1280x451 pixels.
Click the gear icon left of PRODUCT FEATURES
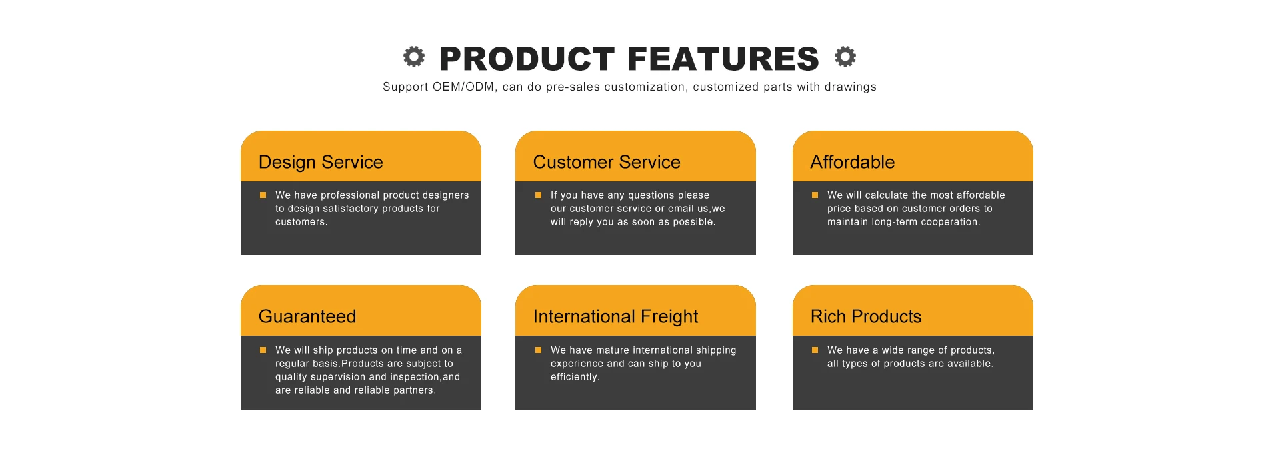coord(414,57)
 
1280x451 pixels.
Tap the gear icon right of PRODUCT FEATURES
coord(845,57)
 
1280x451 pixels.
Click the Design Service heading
coord(321,162)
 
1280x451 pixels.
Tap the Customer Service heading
coord(607,162)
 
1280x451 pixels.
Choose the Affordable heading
coord(853,162)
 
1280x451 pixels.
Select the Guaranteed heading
coord(307,316)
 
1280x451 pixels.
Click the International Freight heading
coord(615,316)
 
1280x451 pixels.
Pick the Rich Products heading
coord(866,316)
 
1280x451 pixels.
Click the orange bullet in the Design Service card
coord(263,195)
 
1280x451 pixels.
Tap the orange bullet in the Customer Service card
coord(538,195)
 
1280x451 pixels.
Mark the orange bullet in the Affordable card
coord(815,195)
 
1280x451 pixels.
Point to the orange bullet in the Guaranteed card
coord(263,350)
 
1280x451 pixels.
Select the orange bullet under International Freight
coord(538,350)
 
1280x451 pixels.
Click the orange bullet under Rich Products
coord(815,350)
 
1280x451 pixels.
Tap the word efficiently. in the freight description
coord(575,377)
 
